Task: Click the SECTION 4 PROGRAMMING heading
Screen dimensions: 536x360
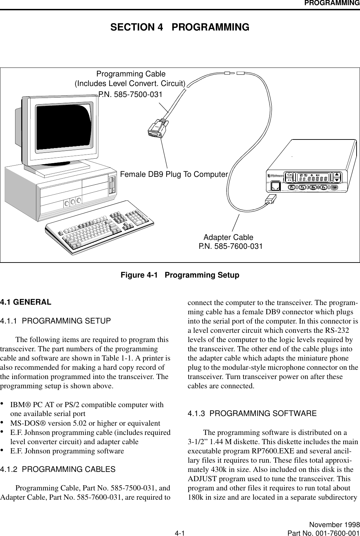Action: (x=180, y=27)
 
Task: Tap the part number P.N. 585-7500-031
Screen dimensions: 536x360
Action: (x=130, y=94)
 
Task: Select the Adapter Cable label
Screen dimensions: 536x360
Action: (x=228, y=237)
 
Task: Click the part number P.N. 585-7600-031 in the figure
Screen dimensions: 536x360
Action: (x=231, y=246)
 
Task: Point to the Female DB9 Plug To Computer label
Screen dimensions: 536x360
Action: (x=174, y=174)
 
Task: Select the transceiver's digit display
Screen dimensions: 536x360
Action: (x=313, y=178)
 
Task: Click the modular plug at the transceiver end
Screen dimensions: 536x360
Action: (x=269, y=200)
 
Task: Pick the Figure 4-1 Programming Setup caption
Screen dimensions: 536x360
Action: (x=180, y=275)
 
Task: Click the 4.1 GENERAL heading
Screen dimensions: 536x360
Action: (x=26, y=302)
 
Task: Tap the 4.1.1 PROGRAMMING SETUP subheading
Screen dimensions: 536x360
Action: (x=56, y=321)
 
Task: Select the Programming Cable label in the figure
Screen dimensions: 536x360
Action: (x=131, y=74)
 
